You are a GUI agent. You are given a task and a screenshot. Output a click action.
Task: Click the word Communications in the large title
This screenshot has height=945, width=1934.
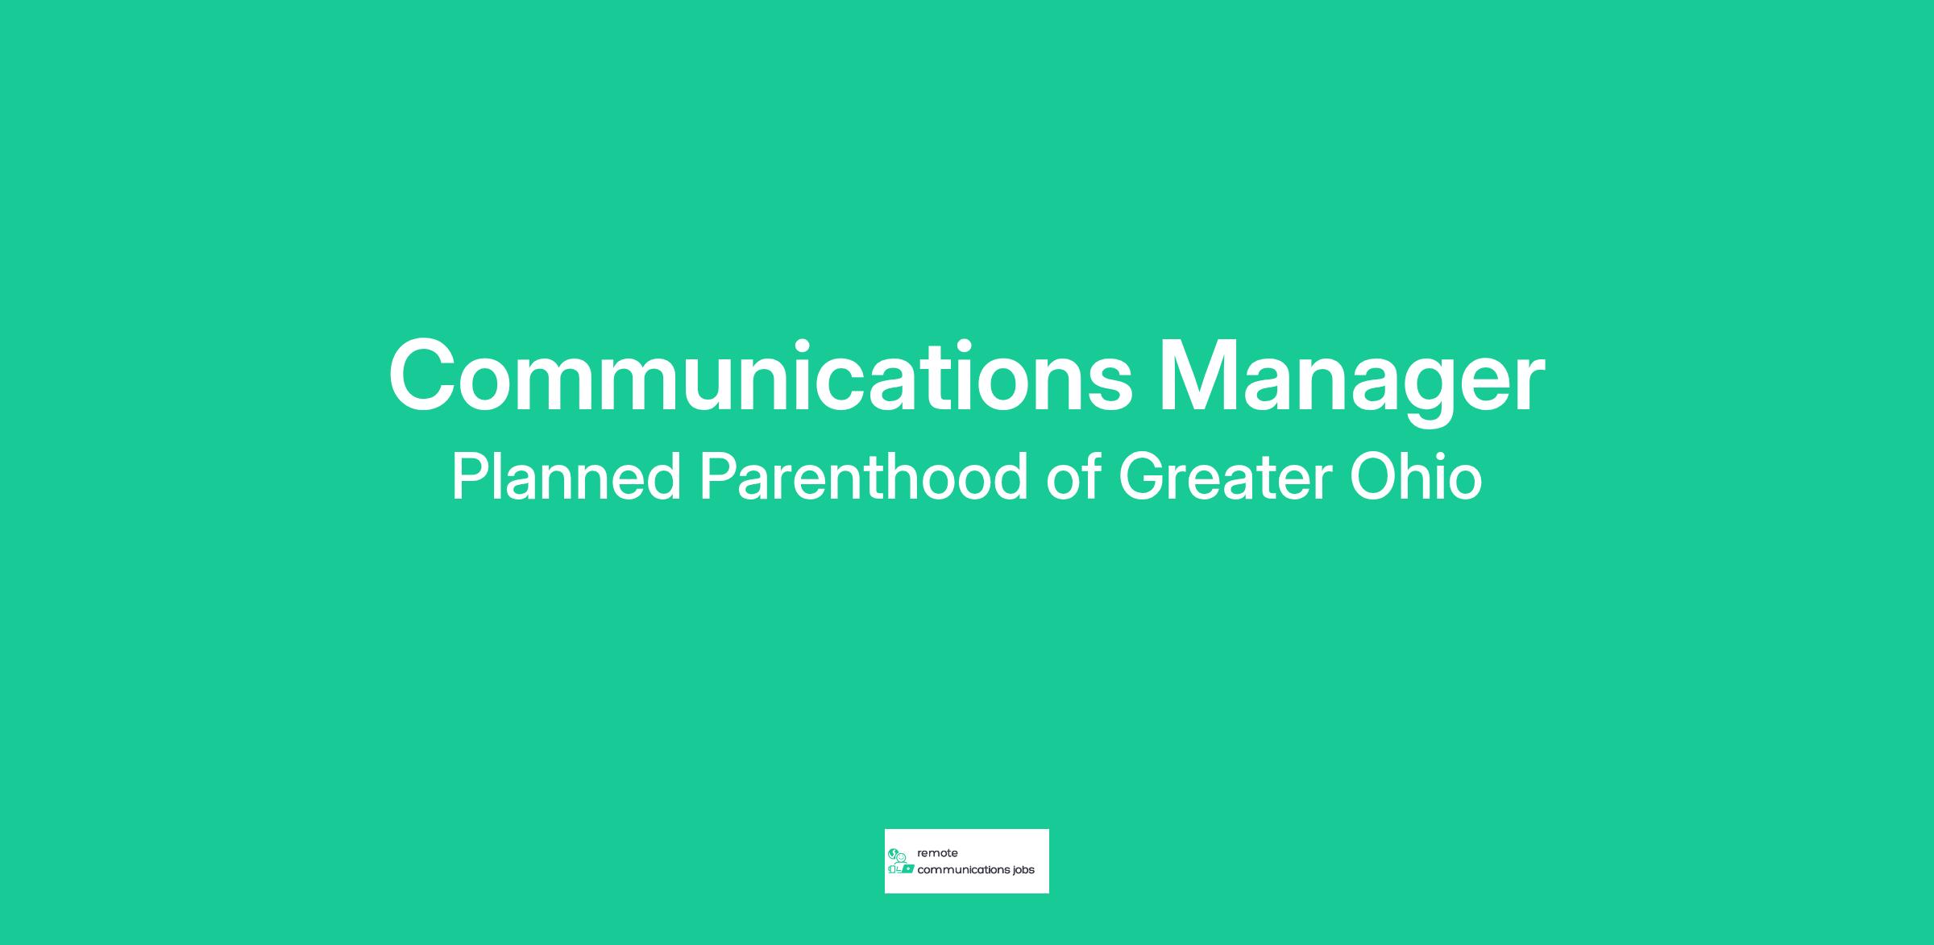(761, 375)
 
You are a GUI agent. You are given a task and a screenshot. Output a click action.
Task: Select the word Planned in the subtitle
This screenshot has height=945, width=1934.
(567, 477)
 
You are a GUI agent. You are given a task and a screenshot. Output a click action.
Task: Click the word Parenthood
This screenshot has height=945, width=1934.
(864, 477)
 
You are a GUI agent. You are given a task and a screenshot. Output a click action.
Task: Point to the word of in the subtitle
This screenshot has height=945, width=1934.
(1073, 477)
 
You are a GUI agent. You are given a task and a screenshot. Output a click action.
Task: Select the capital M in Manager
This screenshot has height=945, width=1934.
(1200, 375)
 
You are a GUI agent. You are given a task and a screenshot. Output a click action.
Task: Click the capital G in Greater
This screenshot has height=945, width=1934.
(1144, 477)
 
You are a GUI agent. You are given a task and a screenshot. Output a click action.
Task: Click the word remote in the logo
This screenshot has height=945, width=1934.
(937, 853)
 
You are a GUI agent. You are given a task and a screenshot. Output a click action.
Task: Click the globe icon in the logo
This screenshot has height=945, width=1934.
(892, 853)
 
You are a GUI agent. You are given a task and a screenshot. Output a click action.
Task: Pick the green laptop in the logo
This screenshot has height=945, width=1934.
(907, 869)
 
